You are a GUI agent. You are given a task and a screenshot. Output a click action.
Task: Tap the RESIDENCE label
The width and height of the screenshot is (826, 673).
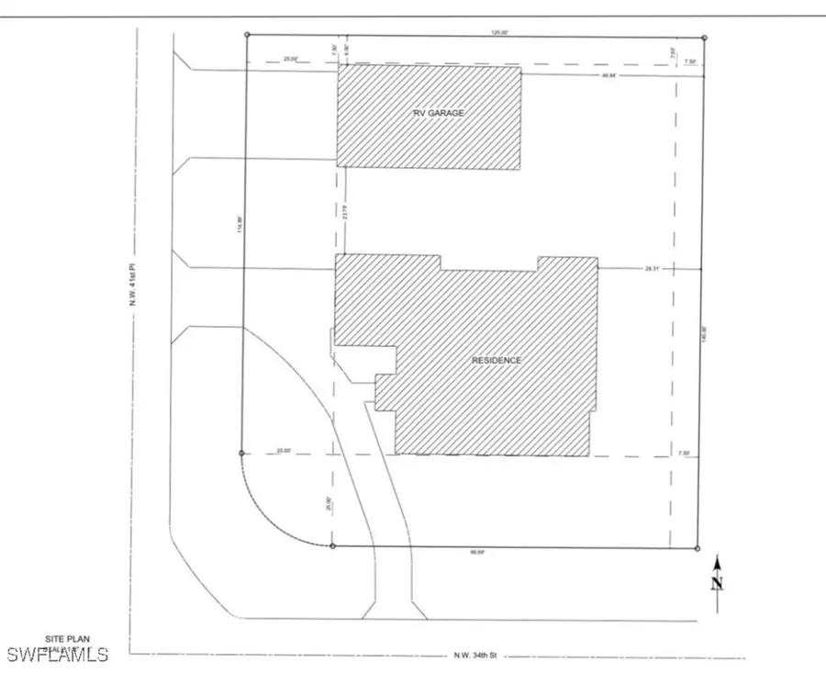tap(497, 361)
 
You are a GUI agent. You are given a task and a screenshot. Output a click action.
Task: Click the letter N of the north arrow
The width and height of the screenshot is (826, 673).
tap(718, 582)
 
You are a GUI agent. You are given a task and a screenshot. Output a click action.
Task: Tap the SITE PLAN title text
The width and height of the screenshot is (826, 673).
tap(66, 638)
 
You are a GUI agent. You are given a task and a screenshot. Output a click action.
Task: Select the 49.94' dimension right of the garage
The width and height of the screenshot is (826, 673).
tap(608, 75)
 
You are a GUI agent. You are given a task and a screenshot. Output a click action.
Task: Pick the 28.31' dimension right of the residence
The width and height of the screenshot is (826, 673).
tap(653, 269)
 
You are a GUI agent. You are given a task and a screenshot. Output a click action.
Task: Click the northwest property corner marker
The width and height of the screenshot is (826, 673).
tap(247, 35)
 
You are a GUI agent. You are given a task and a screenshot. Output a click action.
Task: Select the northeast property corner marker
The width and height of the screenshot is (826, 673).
tap(704, 38)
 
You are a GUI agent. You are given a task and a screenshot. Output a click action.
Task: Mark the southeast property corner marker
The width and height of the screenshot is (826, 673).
tap(698, 549)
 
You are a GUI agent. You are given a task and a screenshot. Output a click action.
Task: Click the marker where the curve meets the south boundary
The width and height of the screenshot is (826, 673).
tap(332, 546)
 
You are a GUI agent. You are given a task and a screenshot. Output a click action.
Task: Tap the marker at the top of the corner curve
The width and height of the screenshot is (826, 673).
tap(240, 454)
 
